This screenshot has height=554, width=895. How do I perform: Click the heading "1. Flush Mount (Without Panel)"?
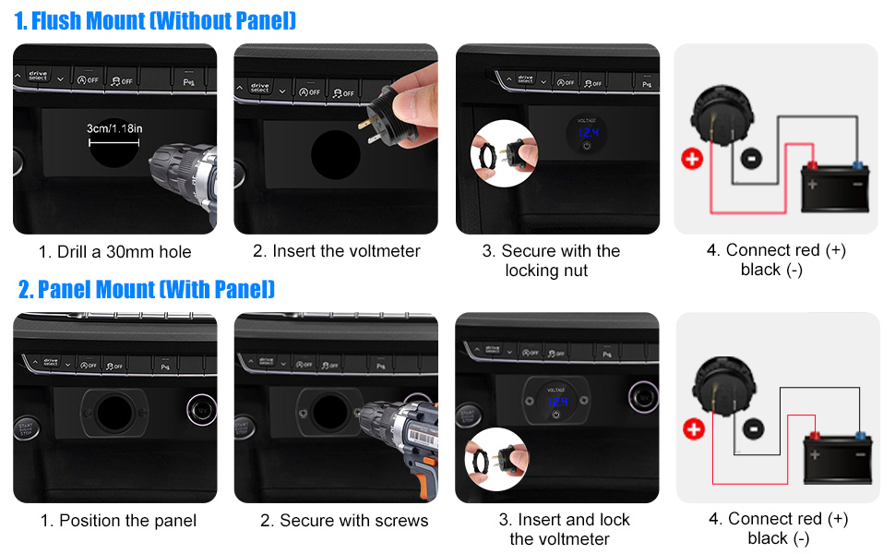point(155,20)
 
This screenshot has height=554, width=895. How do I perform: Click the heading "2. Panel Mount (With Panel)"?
point(147,290)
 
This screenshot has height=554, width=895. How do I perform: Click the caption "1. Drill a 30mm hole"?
point(115,251)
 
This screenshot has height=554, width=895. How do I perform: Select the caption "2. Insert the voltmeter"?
point(337,251)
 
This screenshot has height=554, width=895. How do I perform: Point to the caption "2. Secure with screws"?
point(344,521)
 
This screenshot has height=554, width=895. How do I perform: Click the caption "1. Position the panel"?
point(118,521)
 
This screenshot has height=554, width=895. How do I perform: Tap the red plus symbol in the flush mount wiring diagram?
point(692,158)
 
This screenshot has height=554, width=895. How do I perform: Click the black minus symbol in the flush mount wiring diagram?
point(752,158)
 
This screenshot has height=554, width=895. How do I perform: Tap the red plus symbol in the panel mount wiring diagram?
point(693,428)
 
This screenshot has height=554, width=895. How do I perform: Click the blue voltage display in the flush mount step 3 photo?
point(586,134)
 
